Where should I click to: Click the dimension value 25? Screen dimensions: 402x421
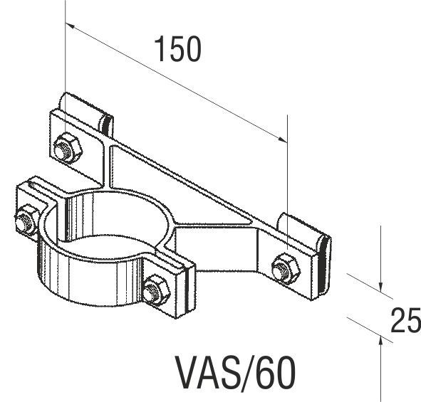[405, 322]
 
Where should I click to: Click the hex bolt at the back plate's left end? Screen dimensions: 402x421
[66, 147]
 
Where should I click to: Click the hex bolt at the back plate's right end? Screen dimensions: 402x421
[285, 267]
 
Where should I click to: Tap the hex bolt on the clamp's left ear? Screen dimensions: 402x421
[26, 218]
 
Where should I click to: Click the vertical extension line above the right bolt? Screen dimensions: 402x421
[287, 178]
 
